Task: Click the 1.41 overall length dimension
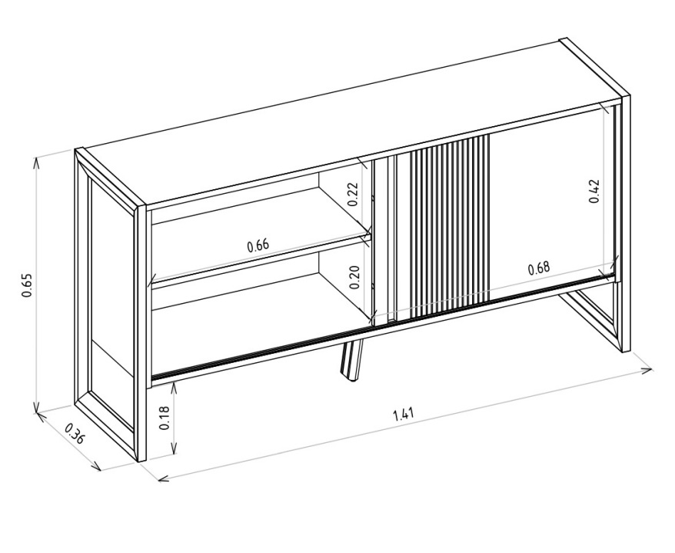(404, 415)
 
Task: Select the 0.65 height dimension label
(28, 285)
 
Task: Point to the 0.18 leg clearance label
(165, 418)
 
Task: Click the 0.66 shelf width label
(258, 245)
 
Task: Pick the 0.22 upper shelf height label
(353, 195)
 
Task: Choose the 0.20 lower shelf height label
(354, 277)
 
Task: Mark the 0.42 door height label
(594, 191)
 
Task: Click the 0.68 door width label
(538, 268)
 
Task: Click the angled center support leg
(351, 359)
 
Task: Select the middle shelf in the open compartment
(258, 258)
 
